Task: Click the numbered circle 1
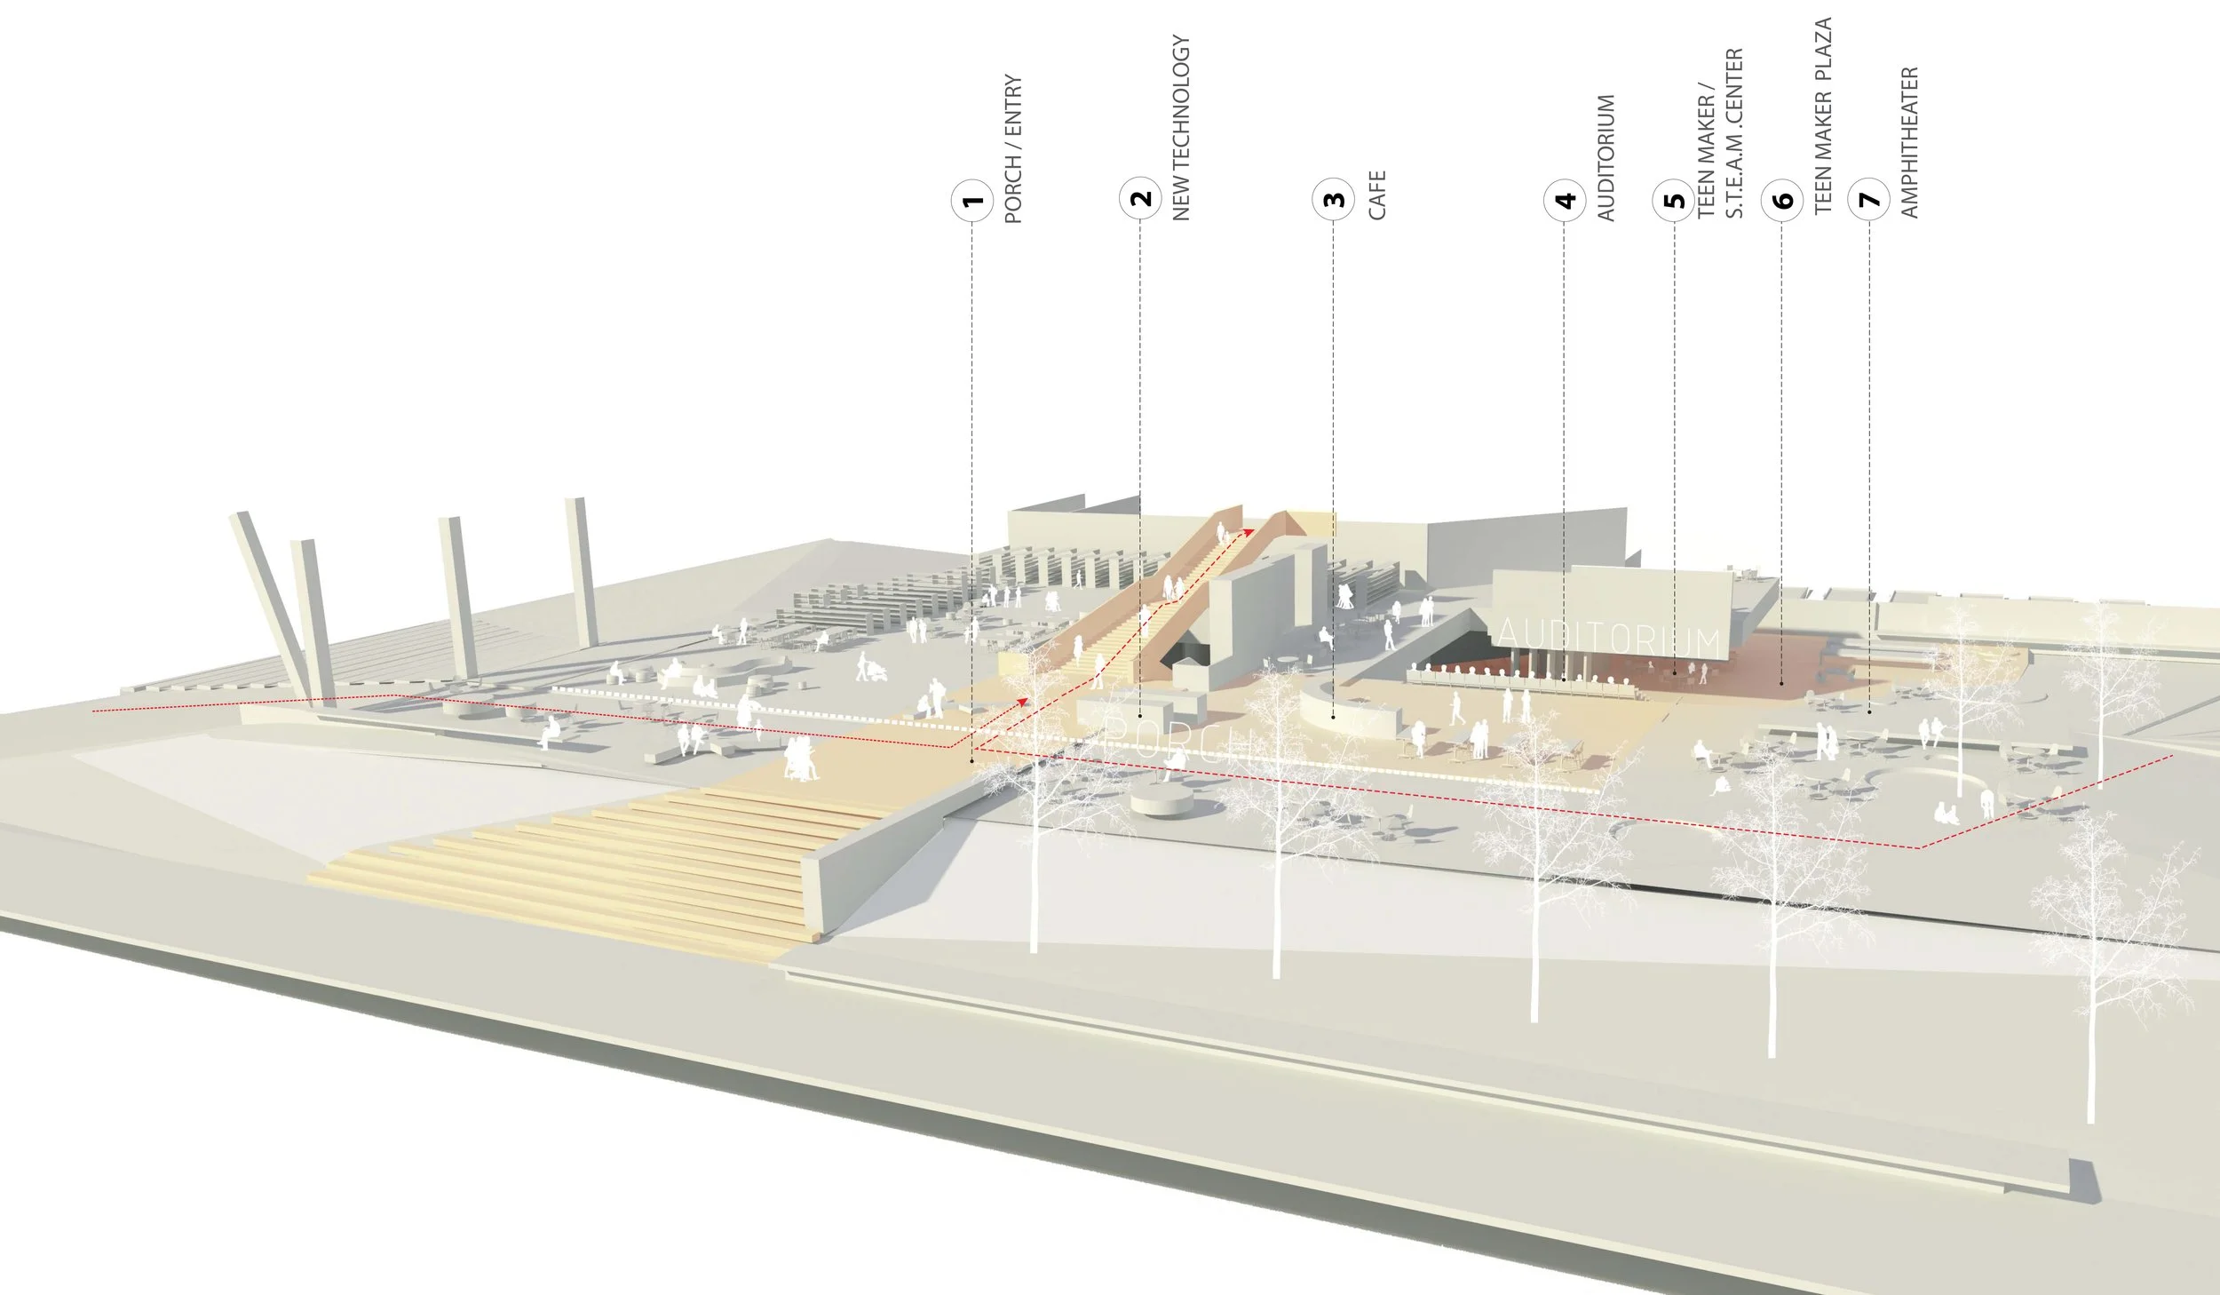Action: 972,200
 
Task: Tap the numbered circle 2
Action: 1140,198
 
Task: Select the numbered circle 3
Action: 1334,199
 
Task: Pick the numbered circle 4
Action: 1565,200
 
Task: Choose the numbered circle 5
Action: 1674,200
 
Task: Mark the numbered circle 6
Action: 1782,200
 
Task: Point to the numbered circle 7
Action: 1869,200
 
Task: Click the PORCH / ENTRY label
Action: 1013,148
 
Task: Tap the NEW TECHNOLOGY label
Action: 1181,127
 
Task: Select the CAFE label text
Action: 1376,195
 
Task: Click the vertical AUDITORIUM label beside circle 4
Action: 1606,157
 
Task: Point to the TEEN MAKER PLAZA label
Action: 1823,115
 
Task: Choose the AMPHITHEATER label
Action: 1910,142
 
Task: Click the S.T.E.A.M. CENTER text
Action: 1734,133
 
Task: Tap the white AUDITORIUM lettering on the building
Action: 1608,639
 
